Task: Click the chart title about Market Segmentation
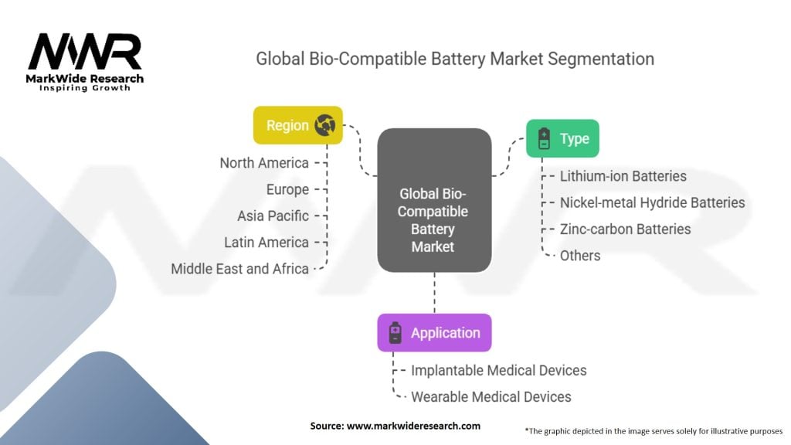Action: pos(455,59)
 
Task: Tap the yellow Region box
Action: pos(298,125)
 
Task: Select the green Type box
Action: pos(562,139)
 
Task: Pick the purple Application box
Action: pos(434,333)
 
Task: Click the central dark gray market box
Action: pos(433,200)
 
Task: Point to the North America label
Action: pos(264,163)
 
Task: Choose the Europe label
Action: pos(287,189)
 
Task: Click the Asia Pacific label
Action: pos(273,216)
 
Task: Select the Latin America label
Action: pos(266,242)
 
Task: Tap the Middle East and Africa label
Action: pos(239,269)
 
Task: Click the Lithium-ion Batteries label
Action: pos(623,176)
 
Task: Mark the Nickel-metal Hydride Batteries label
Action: pos(652,202)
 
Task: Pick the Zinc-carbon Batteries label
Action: pos(625,229)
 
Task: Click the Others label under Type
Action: pos(579,255)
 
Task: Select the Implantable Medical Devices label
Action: pos(498,370)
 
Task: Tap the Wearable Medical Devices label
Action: pos(491,396)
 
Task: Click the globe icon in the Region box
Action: pos(325,125)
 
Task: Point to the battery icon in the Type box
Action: pos(544,139)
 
